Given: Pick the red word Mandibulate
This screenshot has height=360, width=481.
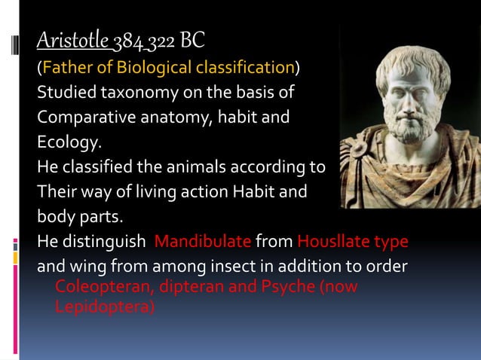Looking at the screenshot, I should coord(203,242).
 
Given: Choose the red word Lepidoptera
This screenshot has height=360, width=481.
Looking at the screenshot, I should coord(103,307).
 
